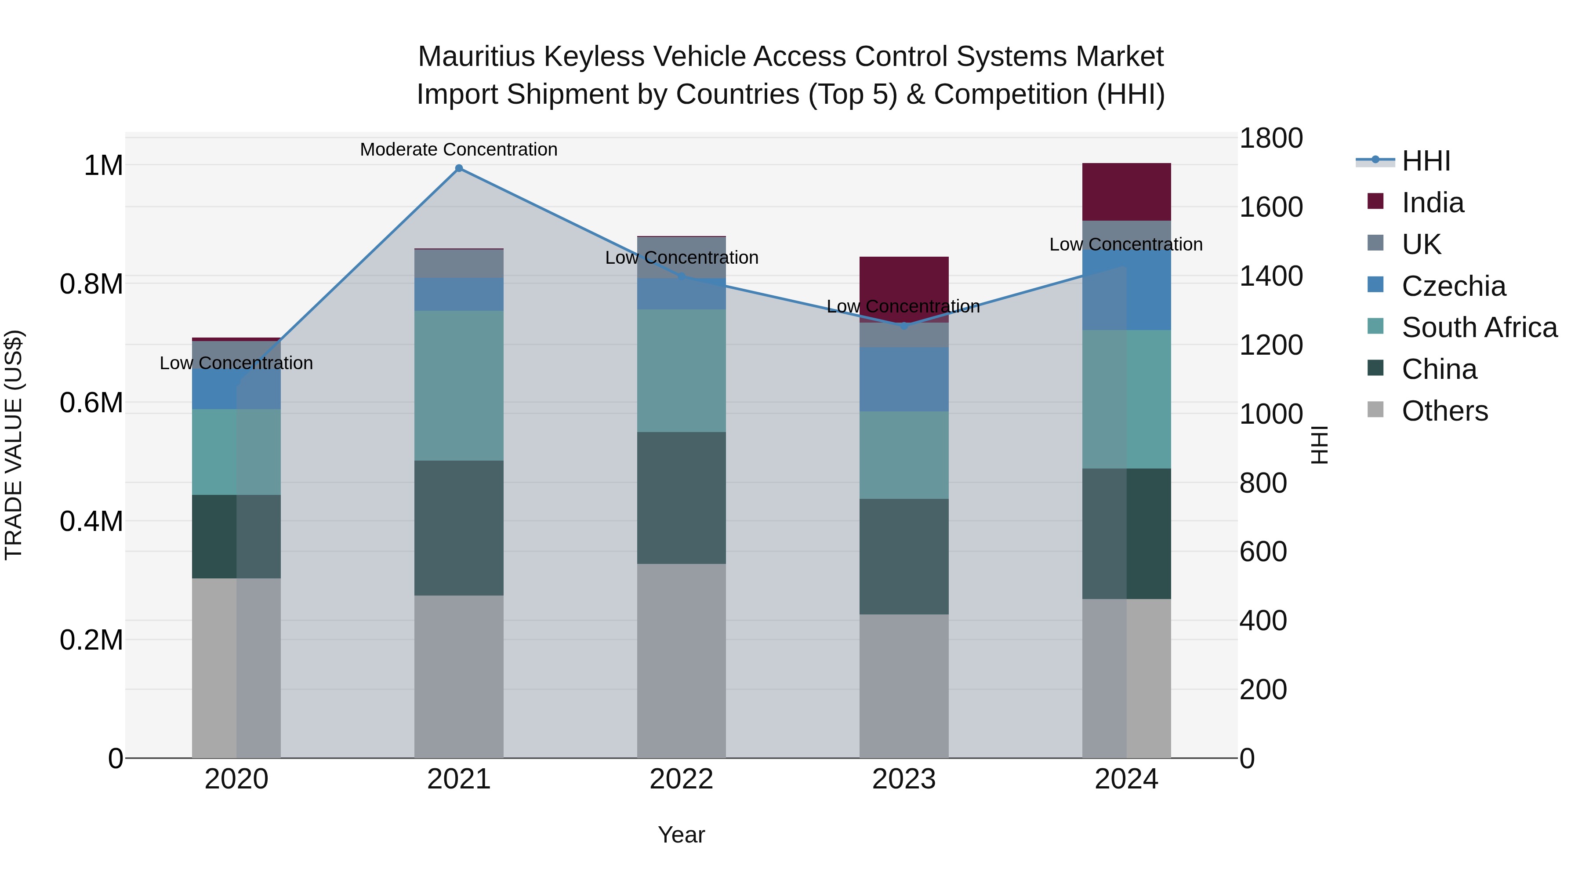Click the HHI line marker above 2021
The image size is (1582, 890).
459,168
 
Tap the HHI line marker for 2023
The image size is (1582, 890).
904,326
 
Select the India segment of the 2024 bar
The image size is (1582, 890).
1126,192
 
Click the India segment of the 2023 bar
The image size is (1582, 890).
904,283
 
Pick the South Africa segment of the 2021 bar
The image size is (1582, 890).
459,386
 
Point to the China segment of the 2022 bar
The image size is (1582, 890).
681,498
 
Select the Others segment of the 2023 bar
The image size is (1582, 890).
904,686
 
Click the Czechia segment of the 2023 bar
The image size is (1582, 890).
904,379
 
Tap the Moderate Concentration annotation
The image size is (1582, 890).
459,149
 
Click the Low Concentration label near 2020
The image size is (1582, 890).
236,363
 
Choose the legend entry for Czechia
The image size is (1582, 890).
1453,286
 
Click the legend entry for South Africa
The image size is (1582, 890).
1479,327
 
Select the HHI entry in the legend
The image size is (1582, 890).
1426,161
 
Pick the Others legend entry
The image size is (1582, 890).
1444,411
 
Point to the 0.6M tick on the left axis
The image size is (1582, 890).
91,403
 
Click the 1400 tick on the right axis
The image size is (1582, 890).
1270,276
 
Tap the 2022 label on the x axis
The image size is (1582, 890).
681,779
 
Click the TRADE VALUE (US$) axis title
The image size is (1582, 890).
14,445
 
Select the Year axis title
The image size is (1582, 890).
681,835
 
